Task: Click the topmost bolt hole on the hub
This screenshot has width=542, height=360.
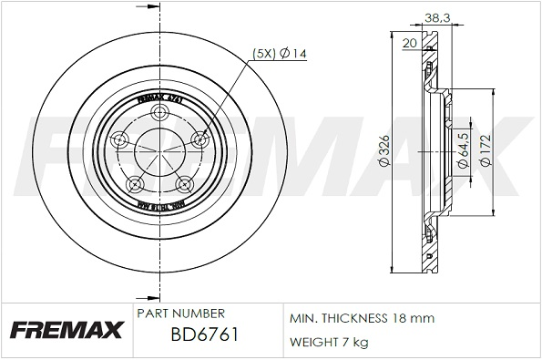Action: click(x=162, y=113)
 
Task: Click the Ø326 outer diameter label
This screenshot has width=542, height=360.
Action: click(x=385, y=149)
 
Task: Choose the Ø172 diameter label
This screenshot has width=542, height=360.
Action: click(x=487, y=149)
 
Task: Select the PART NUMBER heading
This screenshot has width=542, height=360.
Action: click(x=180, y=313)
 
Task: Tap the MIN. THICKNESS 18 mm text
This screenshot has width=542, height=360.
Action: click(x=362, y=318)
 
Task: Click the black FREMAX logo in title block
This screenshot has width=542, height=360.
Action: click(x=66, y=331)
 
